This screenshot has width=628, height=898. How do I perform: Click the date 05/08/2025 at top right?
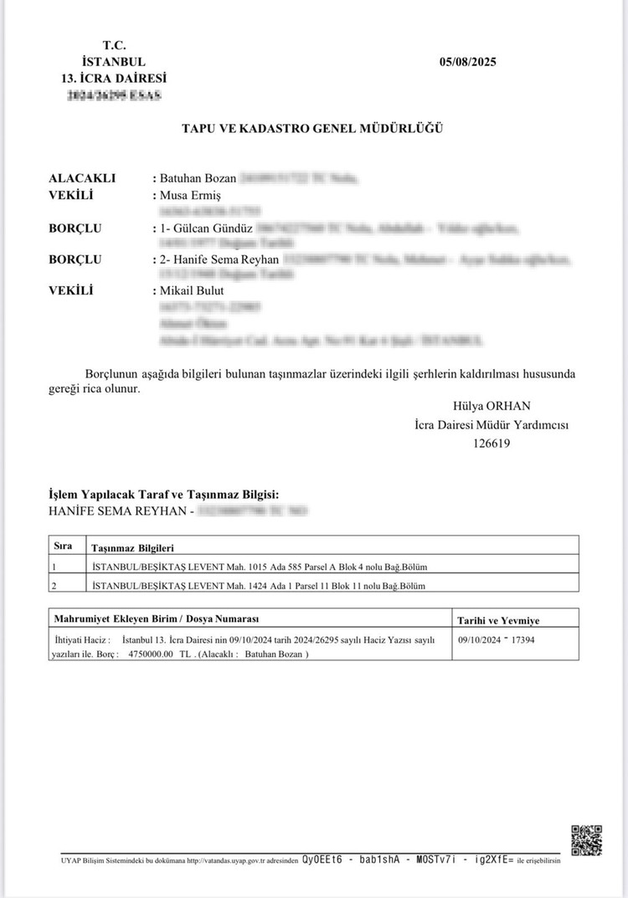[x=467, y=63]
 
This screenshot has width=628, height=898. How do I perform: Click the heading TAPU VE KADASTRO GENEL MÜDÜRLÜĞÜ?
[x=312, y=128]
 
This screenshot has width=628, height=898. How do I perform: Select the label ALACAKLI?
[x=82, y=178]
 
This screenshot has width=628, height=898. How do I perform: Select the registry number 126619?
[x=492, y=444]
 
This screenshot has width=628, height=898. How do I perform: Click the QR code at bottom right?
[x=586, y=840]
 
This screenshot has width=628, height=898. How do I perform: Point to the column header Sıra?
[x=63, y=545]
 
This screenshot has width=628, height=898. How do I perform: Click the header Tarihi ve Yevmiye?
[x=497, y=620]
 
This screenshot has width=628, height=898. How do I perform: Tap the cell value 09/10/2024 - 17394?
[x=500, y=639]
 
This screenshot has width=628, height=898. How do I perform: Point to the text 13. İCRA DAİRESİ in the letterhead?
[x=115, y=79]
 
